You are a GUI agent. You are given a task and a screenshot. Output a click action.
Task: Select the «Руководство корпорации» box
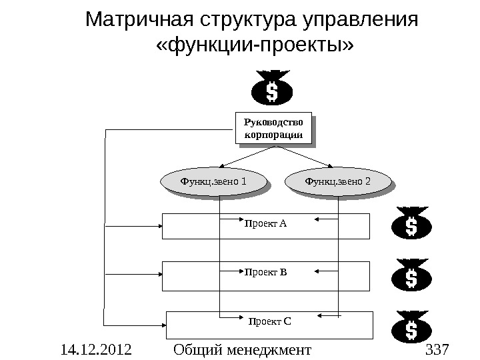[274, 129]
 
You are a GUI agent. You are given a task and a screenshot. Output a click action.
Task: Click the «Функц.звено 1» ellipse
[214, 181]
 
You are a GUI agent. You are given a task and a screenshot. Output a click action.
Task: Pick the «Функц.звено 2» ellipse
[337, 181]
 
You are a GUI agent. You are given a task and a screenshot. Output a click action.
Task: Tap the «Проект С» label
[269, 321]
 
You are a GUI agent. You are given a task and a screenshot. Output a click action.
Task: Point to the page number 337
[437, 349]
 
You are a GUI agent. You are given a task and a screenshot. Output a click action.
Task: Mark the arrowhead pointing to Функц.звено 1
[221, 165]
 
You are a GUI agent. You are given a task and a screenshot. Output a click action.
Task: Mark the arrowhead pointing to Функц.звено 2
[330, 165]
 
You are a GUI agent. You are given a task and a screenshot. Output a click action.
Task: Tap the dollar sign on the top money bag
[272, 91]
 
